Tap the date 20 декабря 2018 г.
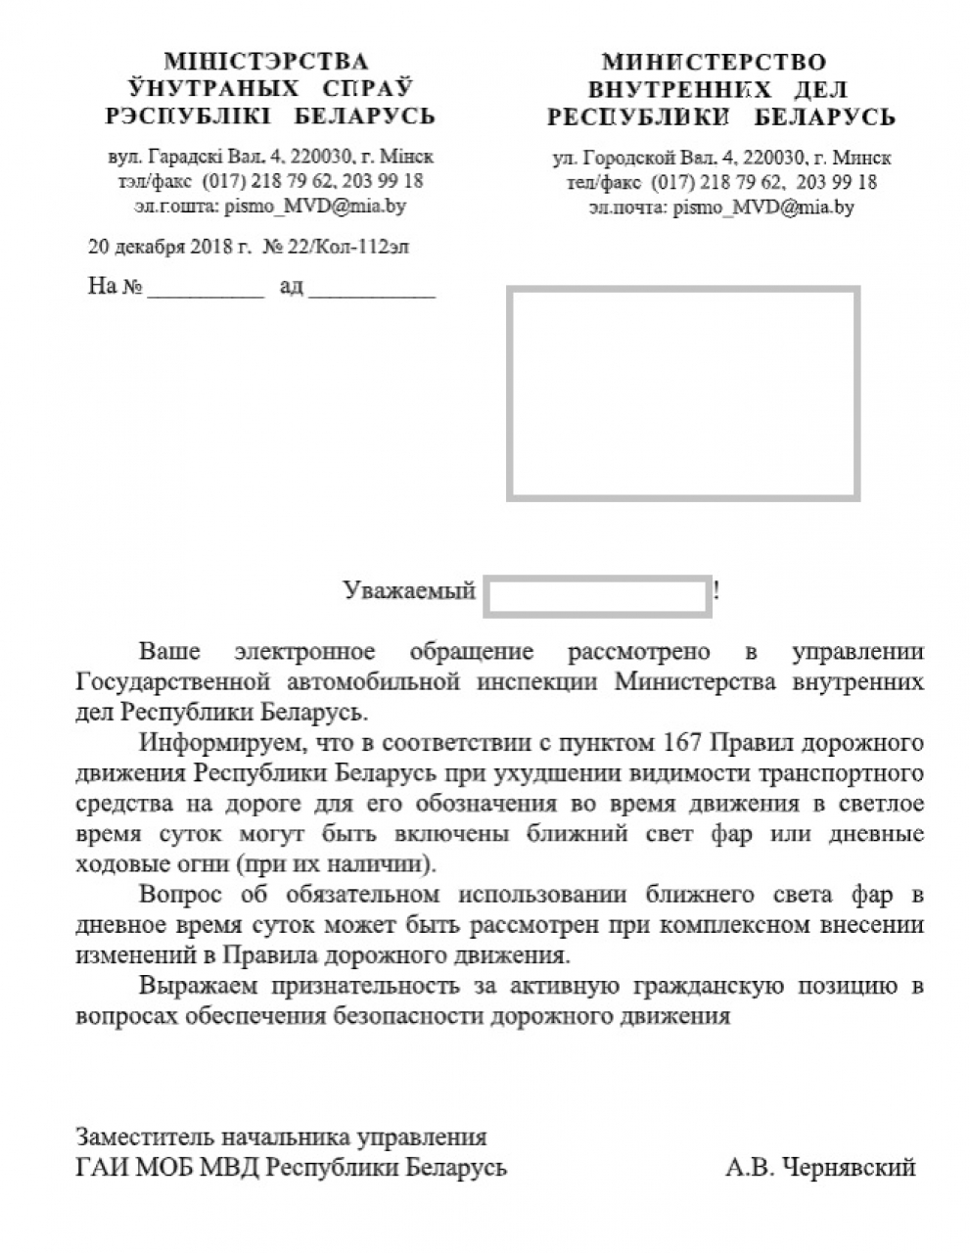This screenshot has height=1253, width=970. click(169, 247)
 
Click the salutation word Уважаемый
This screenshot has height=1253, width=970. click(409, 590)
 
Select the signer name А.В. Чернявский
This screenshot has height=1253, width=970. click(820, 1167)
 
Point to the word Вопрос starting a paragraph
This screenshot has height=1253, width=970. click(180, 895)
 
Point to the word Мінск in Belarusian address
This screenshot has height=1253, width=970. click(407, 157)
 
